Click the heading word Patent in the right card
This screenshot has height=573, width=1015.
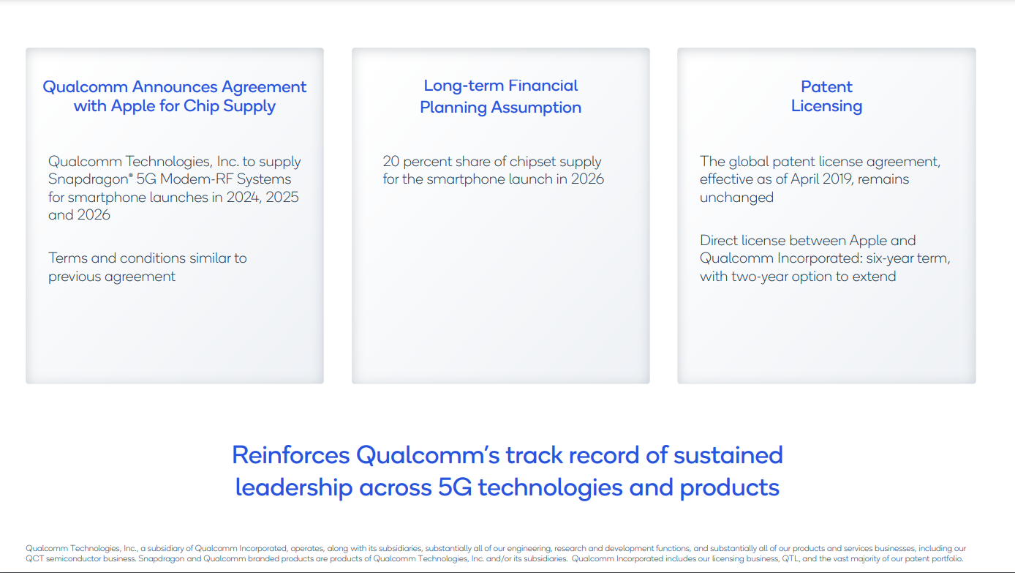[826, 86]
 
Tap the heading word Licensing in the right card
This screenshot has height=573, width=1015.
[826, 106]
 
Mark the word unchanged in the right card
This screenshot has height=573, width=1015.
[736, 198]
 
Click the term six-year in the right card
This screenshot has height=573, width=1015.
[896, 258]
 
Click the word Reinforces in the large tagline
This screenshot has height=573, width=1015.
[290, 455]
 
